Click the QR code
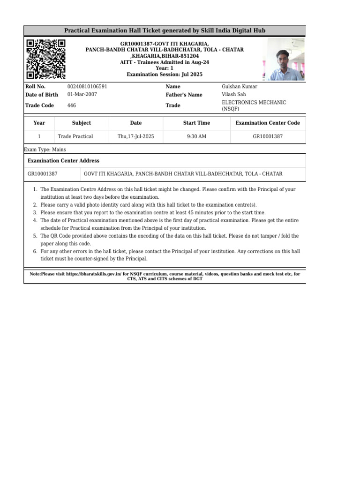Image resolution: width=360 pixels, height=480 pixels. [x=45, y=59]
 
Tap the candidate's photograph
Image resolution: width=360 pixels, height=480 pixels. [x=286, y=59]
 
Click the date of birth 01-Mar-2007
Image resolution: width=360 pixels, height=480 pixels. [x=82, y=94]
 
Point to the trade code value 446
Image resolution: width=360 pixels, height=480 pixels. [x=72, y=105]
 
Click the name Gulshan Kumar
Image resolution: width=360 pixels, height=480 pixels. [x=239, y=87]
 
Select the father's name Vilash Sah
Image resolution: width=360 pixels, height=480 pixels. [x=233, y=94]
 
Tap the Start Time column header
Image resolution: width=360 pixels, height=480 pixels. [x=196, y=123]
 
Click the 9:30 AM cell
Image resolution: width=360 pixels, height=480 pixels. [x=196, y=136]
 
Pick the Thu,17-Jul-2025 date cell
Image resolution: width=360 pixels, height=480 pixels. [x=136, y=136]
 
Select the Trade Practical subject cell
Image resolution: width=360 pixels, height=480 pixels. [x=75, y=136]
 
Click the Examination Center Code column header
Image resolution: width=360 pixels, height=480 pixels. [x=268, y=123]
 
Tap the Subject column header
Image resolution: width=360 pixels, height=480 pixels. [x=82, y=123]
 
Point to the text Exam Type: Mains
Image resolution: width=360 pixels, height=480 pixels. [x=45, y=150]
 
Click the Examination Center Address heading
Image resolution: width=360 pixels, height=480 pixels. [x=63, y=161]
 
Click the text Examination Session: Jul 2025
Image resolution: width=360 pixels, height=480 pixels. [x=165, y=75]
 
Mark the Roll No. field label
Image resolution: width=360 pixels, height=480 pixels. [x=35, y=87]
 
